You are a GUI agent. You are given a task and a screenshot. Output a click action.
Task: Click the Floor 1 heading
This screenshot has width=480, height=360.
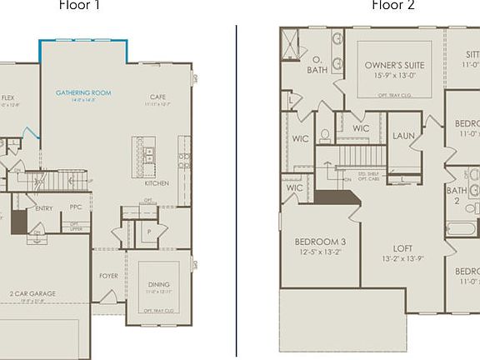(80, 5)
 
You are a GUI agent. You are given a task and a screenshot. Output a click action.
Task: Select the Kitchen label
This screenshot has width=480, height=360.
(157, 183)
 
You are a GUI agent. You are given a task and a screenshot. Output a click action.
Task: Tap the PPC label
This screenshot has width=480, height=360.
(76, 208)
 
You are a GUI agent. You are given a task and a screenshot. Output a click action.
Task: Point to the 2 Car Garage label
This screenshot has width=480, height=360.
(33, 294)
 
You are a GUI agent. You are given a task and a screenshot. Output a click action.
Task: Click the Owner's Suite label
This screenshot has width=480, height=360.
(396, 65)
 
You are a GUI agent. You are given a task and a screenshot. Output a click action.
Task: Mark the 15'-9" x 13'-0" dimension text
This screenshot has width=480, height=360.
(396, 76)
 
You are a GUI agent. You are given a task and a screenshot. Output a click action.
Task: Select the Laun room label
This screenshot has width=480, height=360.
(404, 135)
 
